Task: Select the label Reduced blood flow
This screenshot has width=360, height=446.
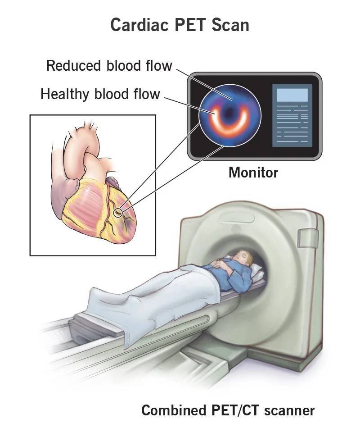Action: (109, 66)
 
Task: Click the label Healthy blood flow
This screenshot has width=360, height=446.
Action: (100, 94)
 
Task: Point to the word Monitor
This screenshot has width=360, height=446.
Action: (253, 173)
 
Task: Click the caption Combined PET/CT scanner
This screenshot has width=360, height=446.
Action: (228, 410)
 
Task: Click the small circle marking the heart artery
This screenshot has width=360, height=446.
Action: (118, 212)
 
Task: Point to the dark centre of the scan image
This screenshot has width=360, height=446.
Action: (228, 113)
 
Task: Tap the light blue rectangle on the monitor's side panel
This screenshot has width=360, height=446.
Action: (292, 95)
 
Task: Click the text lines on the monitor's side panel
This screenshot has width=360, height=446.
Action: (292, 124)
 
